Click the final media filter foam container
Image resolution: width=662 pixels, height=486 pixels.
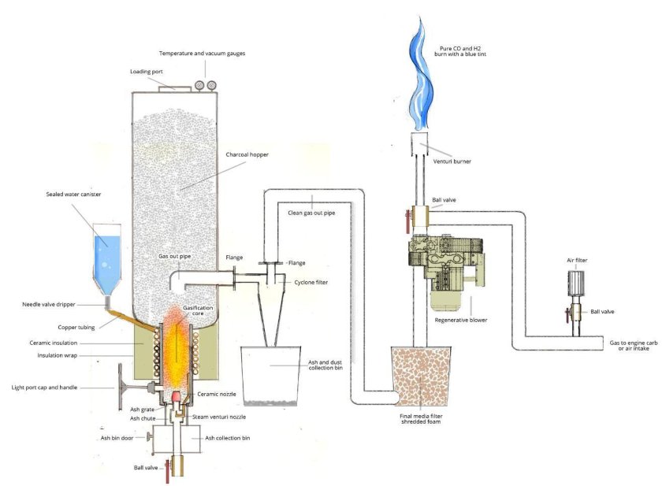426,377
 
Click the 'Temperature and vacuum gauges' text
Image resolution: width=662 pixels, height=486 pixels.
202,53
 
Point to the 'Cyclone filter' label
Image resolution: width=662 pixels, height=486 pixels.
311,282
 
